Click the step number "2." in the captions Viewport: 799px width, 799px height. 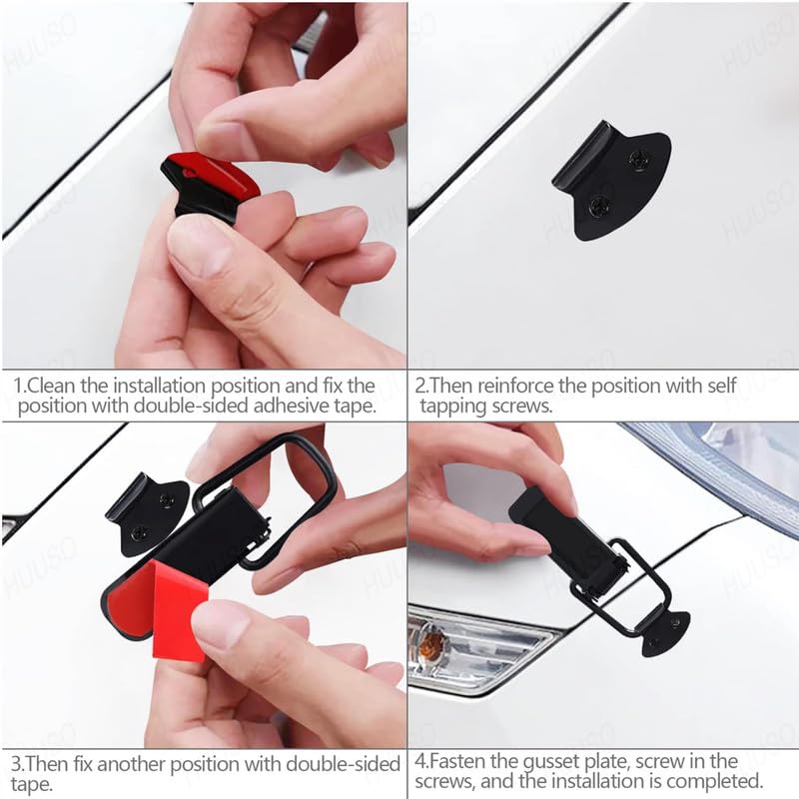pyautogui.click(x=422, y=385)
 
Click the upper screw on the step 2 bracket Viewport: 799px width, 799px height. pyautogui.click(x=637, y=157)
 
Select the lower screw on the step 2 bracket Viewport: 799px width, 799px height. pyautogui.click(x=599, y=206)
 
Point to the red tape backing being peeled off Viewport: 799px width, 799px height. pyautogui.click(x=180, y=609)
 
